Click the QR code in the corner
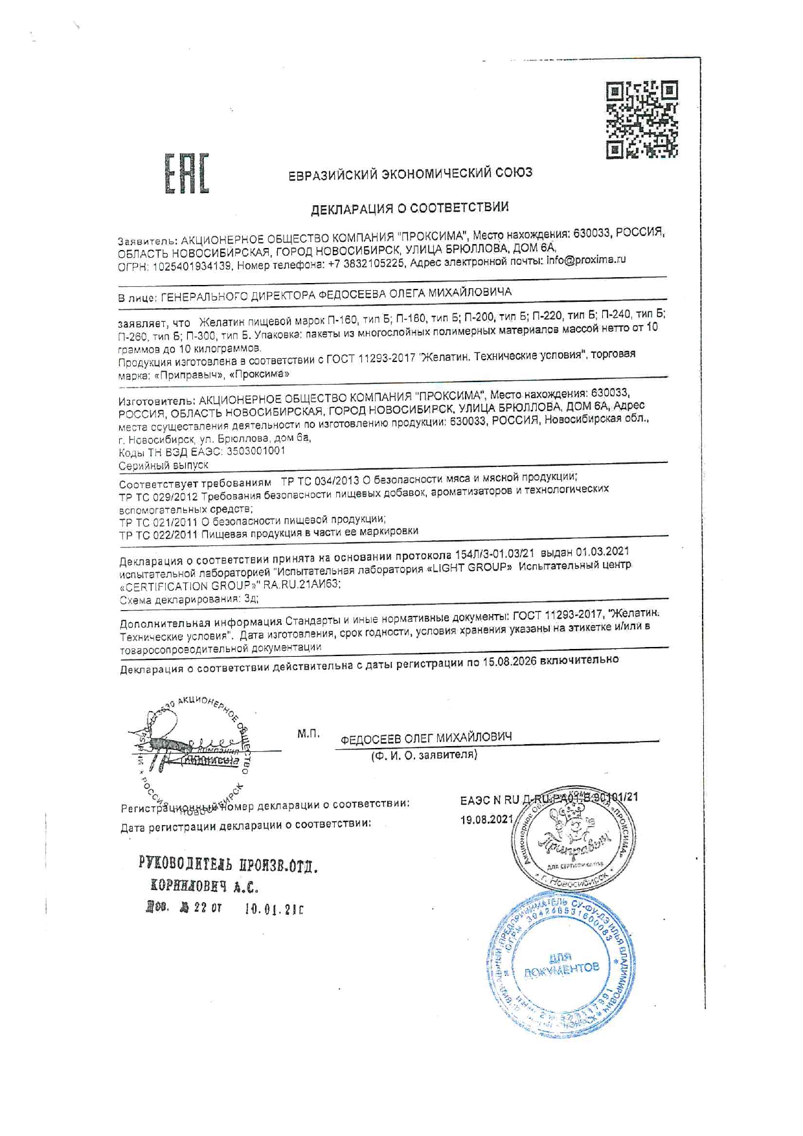click(x=642, y=119)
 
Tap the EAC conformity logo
click(x=186, y=173)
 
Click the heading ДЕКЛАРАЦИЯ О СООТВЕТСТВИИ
click(x=409, y=208)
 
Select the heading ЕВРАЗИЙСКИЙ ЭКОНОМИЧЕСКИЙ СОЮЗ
click(x=410, y=174)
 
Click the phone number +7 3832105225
click(x=367, y=264)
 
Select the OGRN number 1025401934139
click(x=192, y=266)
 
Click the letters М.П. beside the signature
click(x=308, y=734)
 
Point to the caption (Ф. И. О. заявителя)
click(x=424, y=755)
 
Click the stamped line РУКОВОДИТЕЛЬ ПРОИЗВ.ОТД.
click(x=229, y=865)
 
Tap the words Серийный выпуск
click(x=164, y=466)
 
